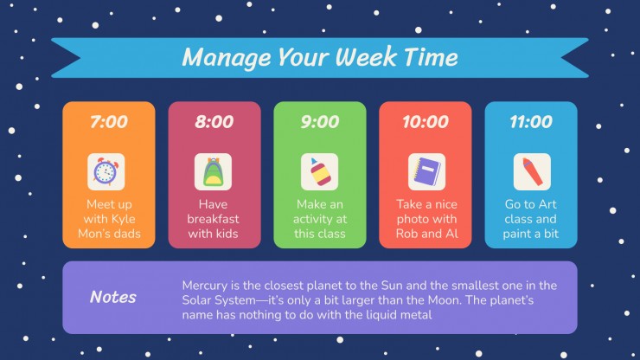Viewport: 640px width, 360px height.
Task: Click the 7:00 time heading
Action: coord(109,121)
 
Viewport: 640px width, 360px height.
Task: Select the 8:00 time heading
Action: coord(214,121)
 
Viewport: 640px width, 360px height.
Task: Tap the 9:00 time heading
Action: coord(320,121)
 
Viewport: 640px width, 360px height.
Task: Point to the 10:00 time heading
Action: coord(426,121)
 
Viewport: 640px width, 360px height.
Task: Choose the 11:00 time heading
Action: coord(531,121)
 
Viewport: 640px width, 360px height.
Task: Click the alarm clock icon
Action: coord(106,171)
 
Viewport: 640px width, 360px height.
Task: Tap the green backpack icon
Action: coord(213,172)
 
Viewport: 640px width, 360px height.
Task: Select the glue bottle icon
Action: coord(319,172)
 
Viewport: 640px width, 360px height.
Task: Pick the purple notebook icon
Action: coord(426,172)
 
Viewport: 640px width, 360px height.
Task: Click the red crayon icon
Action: coord(532,171)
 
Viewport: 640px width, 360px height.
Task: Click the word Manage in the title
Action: coord(227,57)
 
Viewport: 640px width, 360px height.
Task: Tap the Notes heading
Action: coord(113,297)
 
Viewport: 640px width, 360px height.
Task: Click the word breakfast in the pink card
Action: coord(213,219)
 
